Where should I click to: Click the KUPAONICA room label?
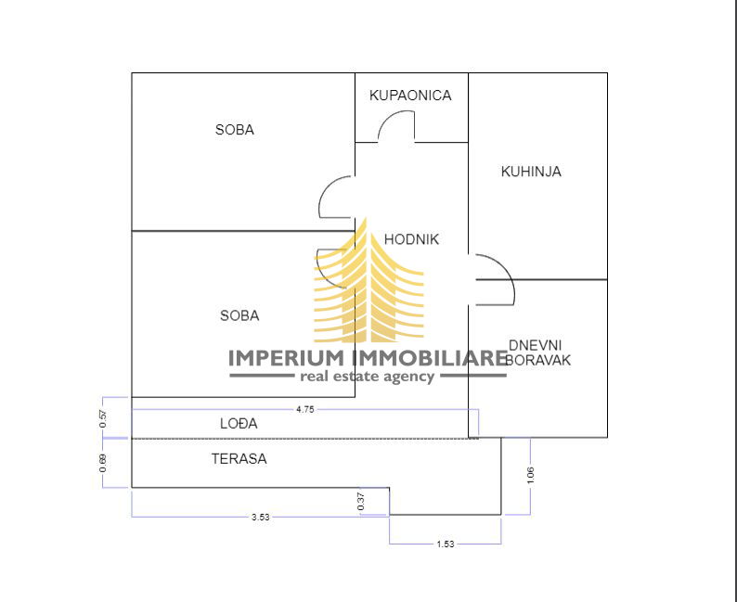click(410, 96)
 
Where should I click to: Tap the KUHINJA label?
click(531, 172)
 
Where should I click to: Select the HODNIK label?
click(411, 239)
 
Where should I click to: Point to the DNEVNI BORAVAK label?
click(537, 352)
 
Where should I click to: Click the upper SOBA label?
click(234, 130)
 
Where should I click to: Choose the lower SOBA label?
click(239, 315)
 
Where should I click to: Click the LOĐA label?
click(239, 423)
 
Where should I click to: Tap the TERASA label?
click(239, 458)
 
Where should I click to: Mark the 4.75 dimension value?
click(304, 408)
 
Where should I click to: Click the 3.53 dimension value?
click(260, 518)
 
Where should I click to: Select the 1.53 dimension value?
click(446, 544)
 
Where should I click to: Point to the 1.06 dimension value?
click(530, 475)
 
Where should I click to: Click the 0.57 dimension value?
click(103, 417)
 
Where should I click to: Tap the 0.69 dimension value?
click(103, 462)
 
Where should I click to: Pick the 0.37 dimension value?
click(361, 501)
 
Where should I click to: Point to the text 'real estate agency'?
click(366, 377)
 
